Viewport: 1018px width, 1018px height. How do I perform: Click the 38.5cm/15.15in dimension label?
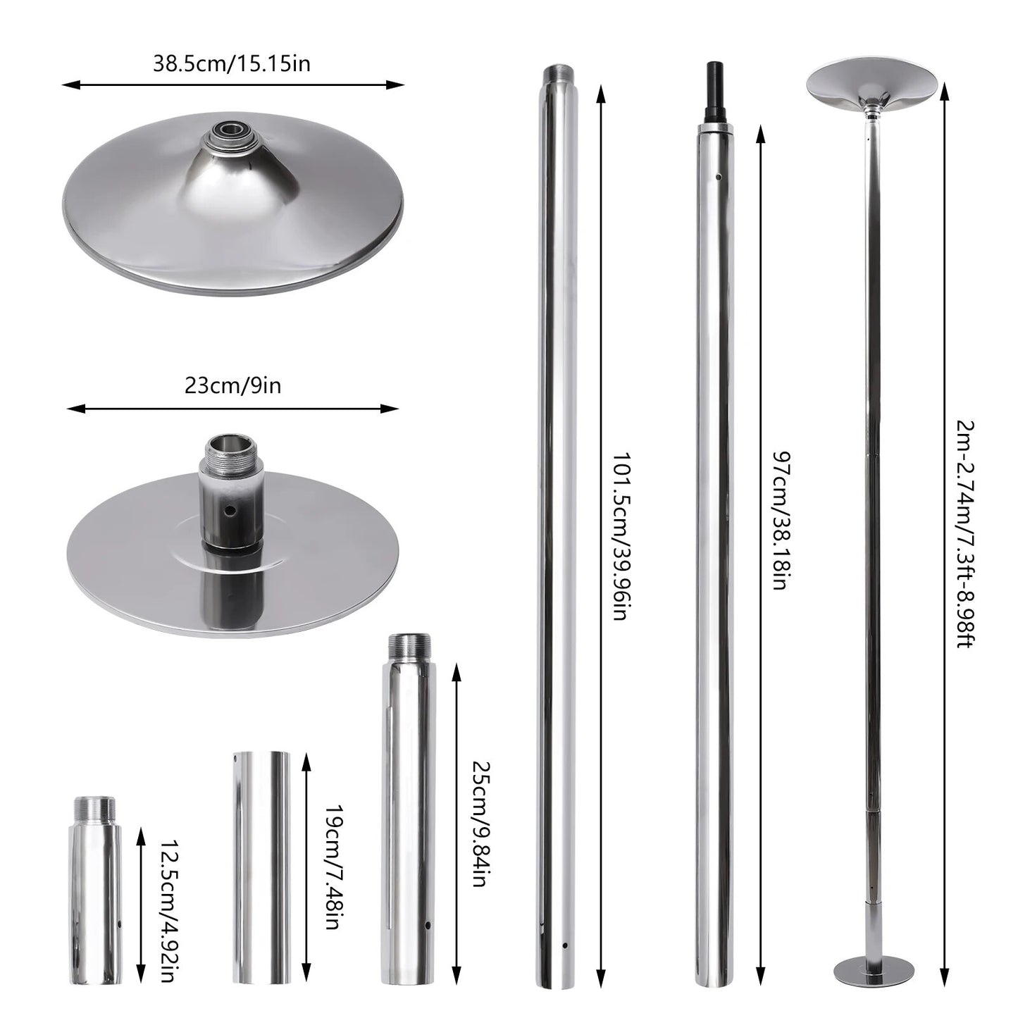coord(232,64)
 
